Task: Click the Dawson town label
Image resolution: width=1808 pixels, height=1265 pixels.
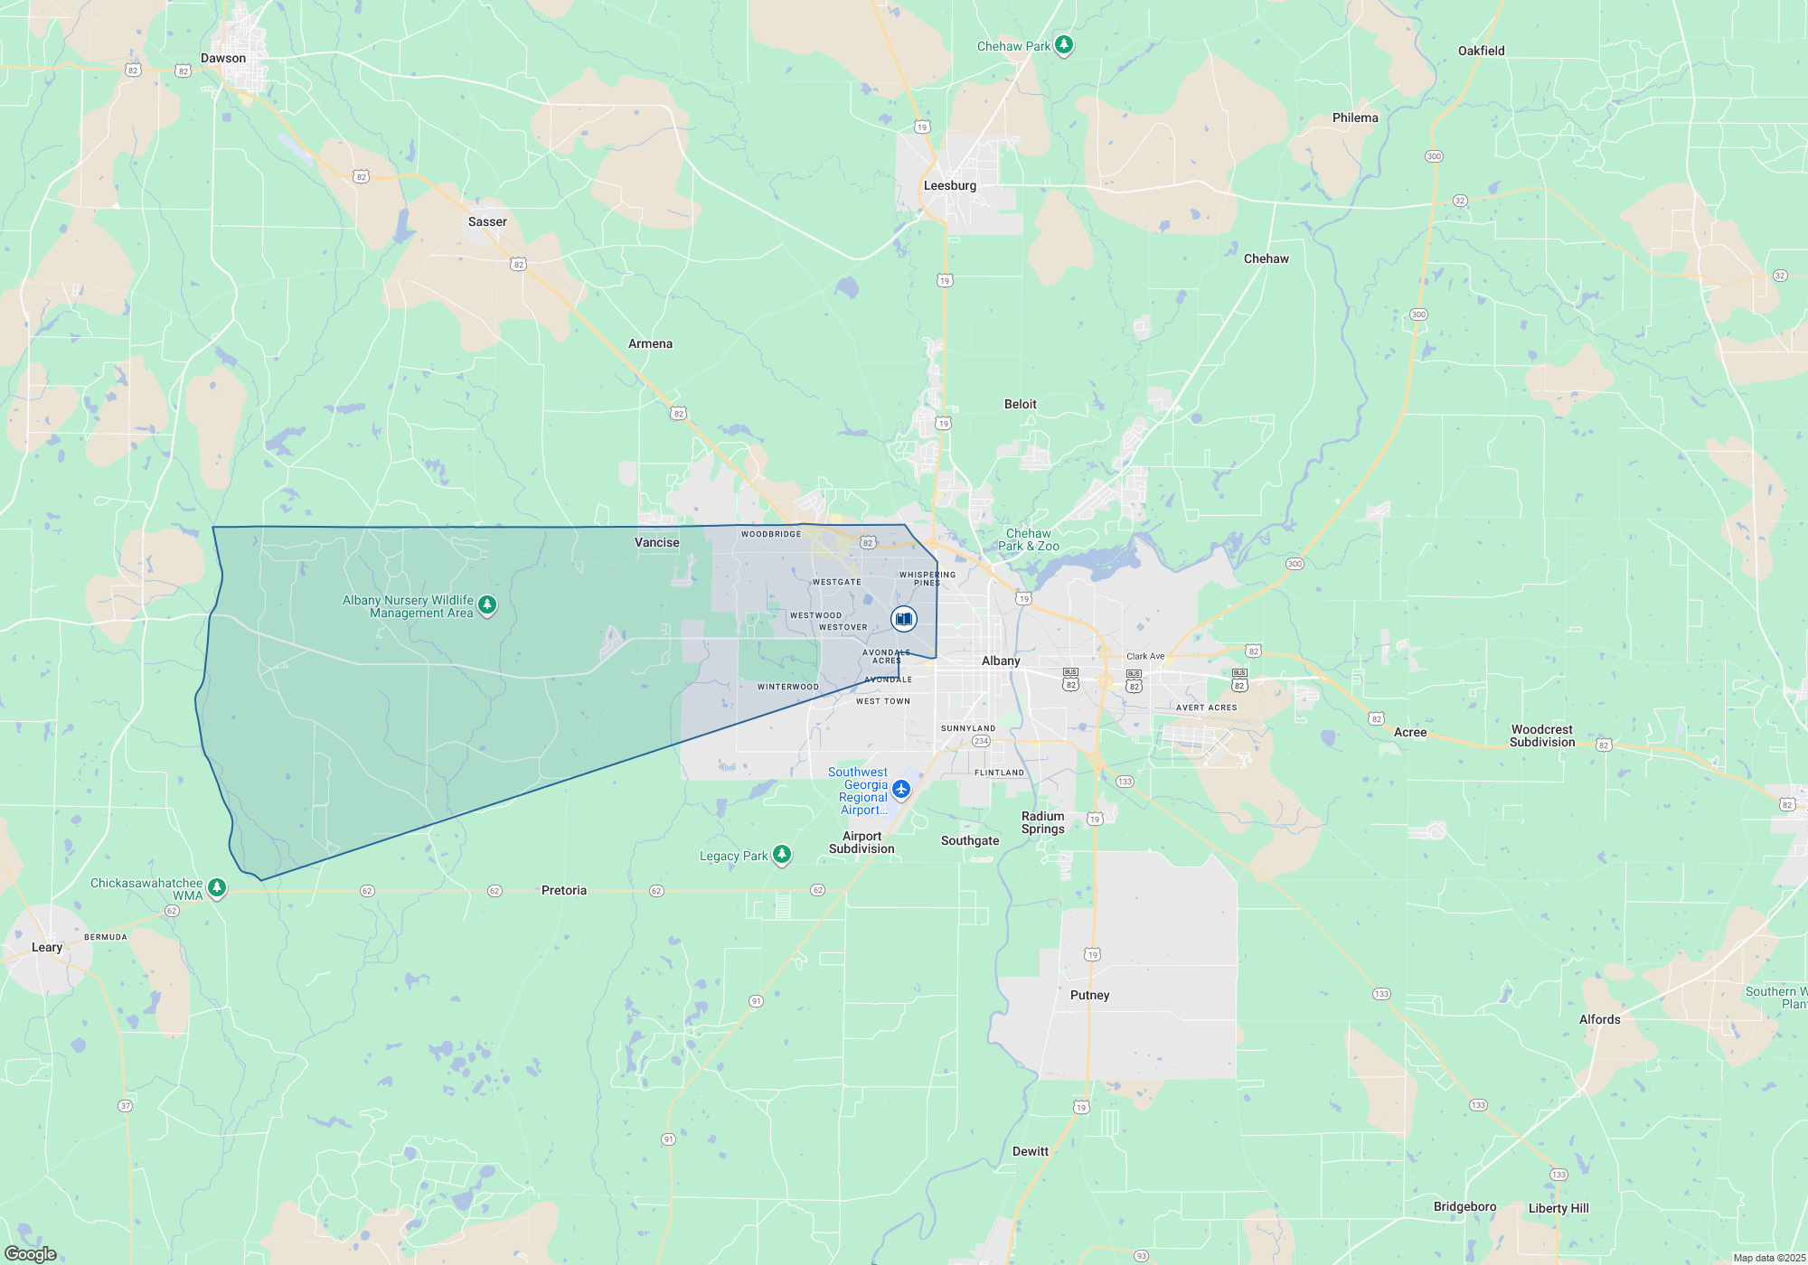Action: (223, 59)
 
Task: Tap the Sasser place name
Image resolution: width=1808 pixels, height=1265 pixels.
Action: (487, 222)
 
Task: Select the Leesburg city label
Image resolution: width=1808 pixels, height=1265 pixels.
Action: (949, 186)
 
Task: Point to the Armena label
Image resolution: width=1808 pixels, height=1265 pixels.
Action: (650, 344)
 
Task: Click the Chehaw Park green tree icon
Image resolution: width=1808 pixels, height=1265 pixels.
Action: (1064, 44)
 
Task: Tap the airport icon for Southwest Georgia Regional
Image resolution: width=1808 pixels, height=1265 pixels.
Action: (900, 790)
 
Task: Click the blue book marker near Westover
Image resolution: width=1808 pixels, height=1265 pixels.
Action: (903, 619)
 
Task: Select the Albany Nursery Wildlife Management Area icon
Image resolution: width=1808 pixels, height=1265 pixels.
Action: (487, 604)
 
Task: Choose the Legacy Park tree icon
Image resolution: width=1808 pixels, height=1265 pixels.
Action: (782, 854)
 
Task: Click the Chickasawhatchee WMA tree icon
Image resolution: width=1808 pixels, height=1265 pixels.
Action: (217, 887)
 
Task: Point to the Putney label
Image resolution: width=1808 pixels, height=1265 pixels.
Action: (1089, 996)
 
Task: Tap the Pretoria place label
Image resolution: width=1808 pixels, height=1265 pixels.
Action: (564, 891)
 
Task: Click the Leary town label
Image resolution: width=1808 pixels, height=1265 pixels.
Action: (47, 948)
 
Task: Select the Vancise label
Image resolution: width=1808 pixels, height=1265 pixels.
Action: (656, 543)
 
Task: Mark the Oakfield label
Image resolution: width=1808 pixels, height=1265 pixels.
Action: (1481, 52)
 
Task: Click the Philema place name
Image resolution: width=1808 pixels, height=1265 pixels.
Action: (1355, 118)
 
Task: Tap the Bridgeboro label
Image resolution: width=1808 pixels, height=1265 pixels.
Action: (1464, 1207)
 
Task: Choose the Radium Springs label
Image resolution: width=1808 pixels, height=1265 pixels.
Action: (1042, 823)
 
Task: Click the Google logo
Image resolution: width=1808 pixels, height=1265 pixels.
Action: (31, 1254)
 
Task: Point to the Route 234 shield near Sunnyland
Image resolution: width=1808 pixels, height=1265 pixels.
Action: (981, 741)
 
